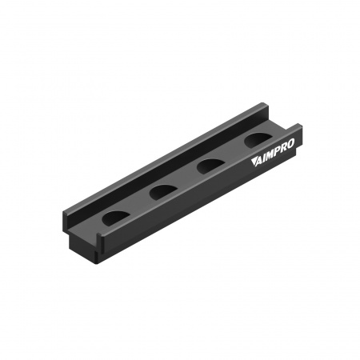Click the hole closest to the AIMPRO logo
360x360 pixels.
coord(258,139)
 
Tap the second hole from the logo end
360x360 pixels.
coord(210,166)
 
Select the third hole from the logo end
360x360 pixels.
coord(163,192)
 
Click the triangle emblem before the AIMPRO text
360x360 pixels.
coord(254,162)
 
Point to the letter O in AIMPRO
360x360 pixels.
coord(290,144)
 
